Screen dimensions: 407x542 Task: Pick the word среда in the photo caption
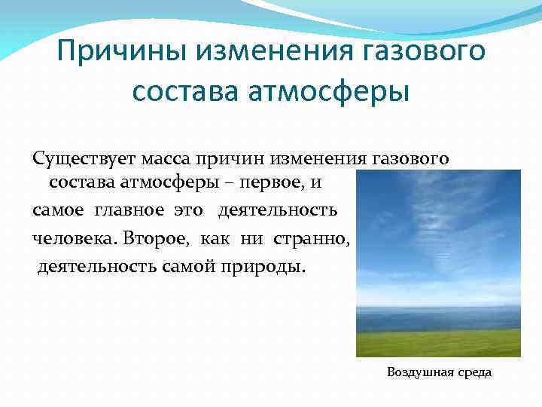click(x=473, y=372)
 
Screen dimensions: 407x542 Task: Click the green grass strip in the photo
click(x=437, y=343)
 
